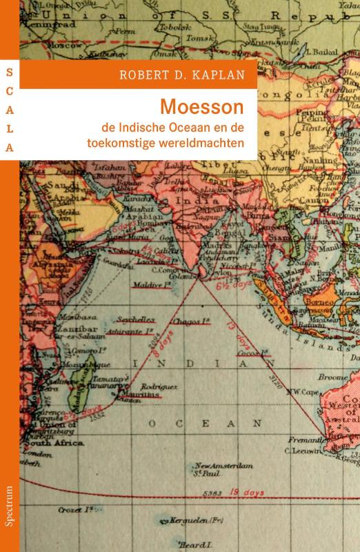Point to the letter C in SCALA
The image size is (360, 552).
[10, 90]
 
